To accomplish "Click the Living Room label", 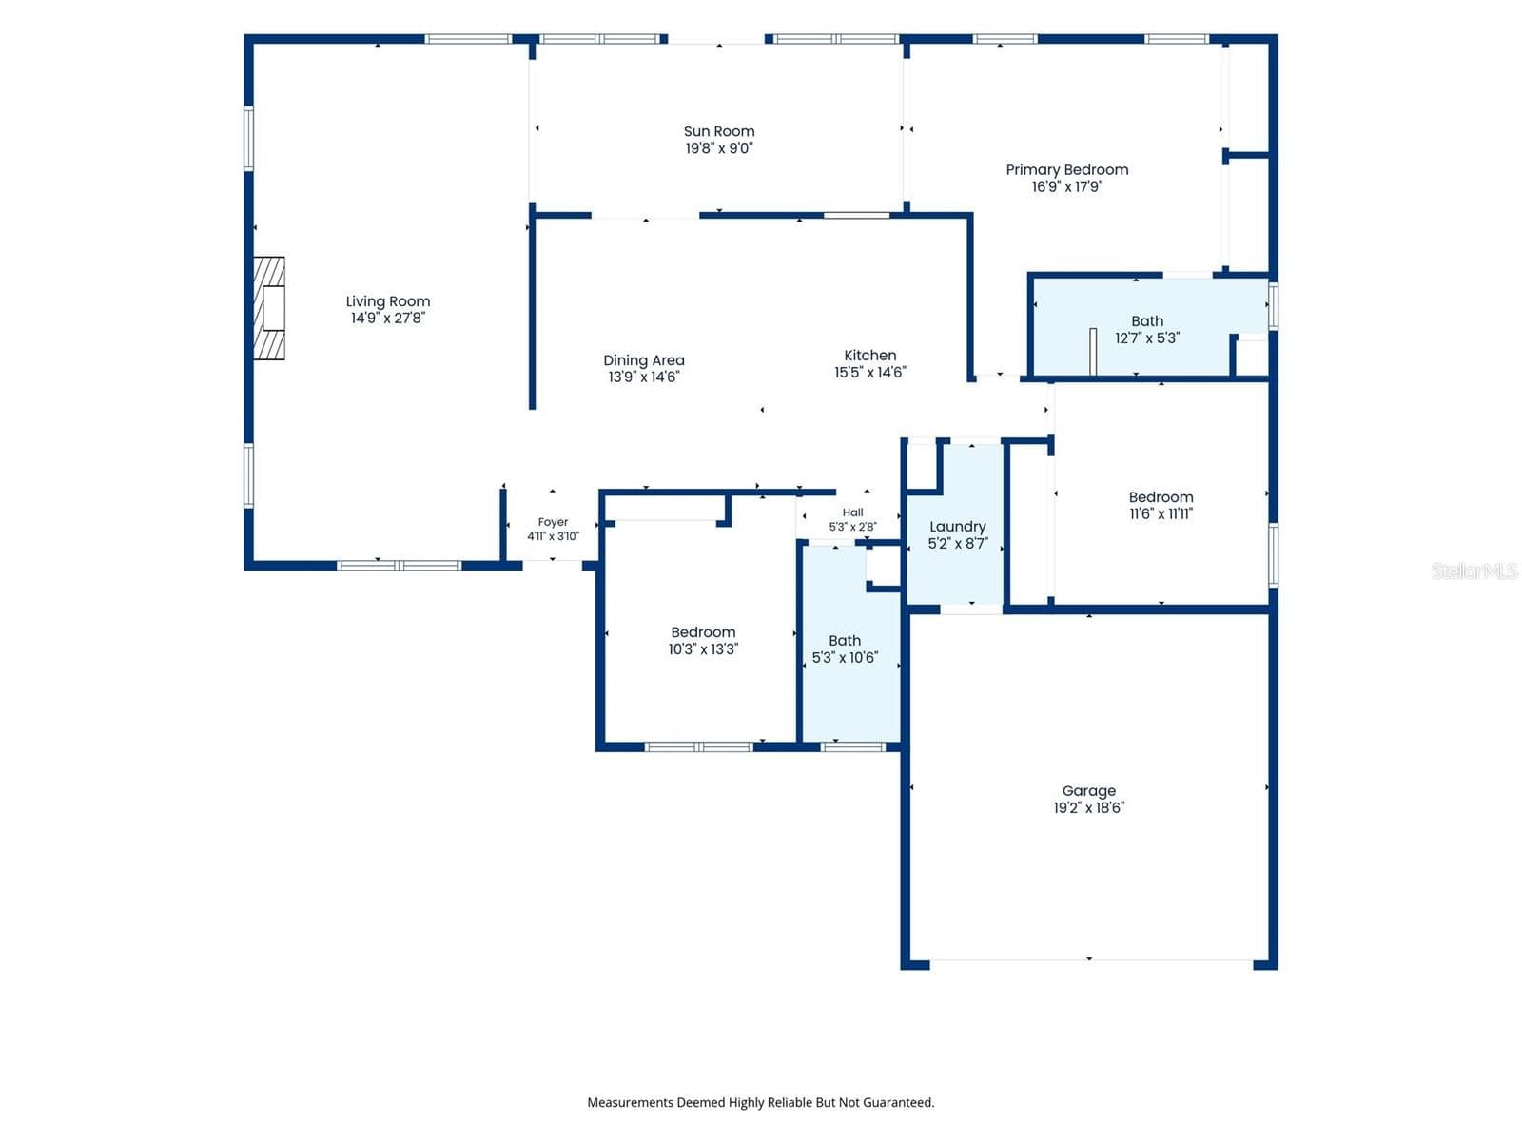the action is tap(387, 301).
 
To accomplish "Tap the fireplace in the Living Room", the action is tap(269, 308).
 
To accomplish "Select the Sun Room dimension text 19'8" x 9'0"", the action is tap(719, 148).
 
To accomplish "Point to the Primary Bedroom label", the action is tap(1066, 170).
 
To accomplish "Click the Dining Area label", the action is tap(643, 360).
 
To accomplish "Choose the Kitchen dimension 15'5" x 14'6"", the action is tap(869, 373).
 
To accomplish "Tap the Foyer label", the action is tap(553, 522).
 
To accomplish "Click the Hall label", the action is tap(852, 512).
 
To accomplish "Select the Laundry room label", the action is tap(957, 527).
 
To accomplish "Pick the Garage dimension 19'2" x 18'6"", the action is tap(1088, 808).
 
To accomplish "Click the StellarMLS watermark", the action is tap(1474, 570).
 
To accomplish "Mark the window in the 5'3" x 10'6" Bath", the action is tap(852, 746).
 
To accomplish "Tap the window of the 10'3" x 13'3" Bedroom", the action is tap(698, 746).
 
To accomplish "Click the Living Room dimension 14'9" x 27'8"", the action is tap(387, 318).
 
